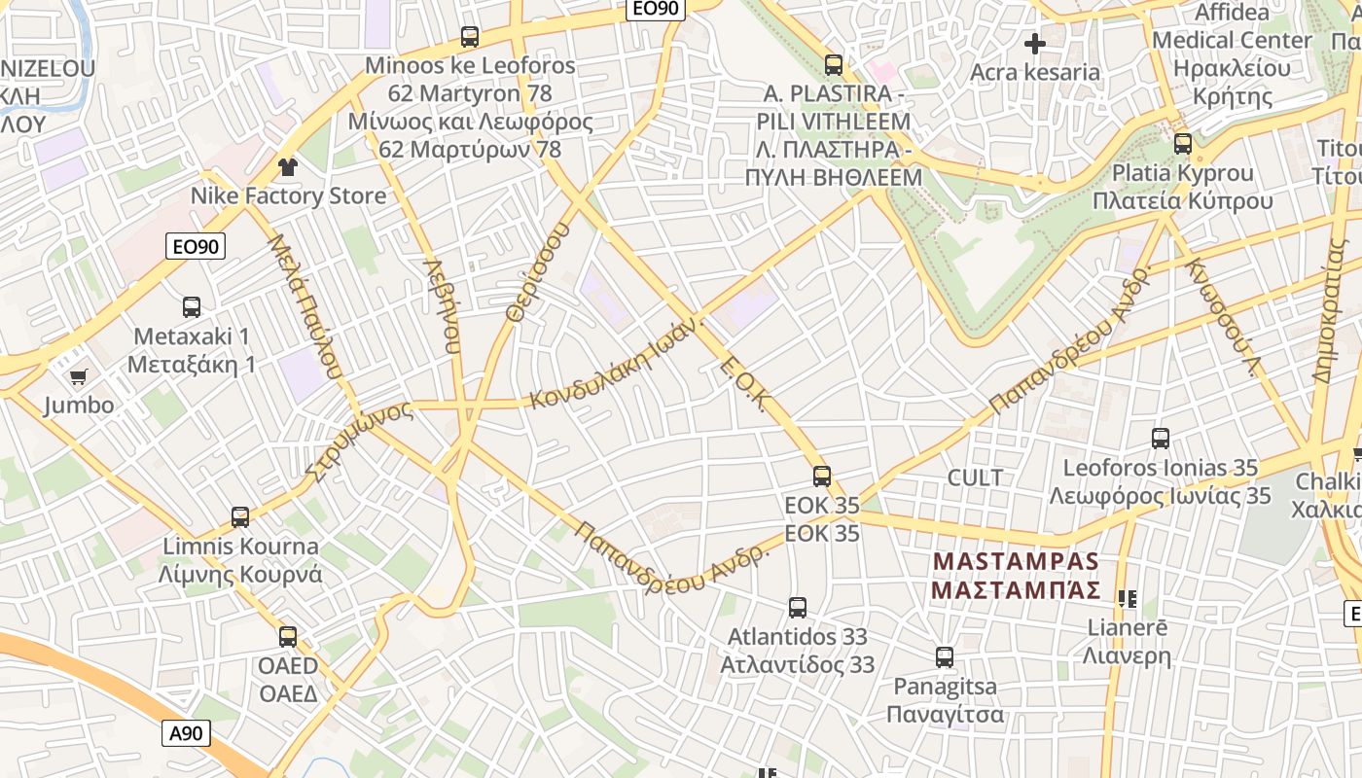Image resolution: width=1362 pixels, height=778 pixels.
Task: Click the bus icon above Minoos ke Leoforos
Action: coord(470,37)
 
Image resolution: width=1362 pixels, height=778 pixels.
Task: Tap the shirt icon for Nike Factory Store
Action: coord(287,167)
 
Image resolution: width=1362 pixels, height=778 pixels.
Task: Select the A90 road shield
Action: coord(185,732)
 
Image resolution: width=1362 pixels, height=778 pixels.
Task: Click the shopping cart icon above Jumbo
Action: coord(78,376)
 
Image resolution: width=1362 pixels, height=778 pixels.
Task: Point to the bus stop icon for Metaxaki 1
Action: coord(192,307)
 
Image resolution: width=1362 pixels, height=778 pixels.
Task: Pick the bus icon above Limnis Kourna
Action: coord(240,516)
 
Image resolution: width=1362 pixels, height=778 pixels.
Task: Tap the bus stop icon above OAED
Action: coord(288,637)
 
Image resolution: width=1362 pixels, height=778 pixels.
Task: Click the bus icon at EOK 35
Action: coord(822,477)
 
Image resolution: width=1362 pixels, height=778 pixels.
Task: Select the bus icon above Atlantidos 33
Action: coord(798,608)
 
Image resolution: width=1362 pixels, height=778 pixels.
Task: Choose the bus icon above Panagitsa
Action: coord(945,657)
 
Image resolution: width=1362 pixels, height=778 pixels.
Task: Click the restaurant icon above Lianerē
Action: coord(1128,599)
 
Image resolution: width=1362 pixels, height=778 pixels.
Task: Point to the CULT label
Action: coord(975,477)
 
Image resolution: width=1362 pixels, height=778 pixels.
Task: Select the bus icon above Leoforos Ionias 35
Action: coord(1161,439)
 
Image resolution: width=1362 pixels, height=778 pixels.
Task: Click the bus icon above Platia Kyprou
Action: coord(1183,144)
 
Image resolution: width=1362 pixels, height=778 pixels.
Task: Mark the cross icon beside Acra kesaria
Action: coord(1035,44)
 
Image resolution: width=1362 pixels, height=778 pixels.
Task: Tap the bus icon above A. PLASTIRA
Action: coord(834,65)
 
